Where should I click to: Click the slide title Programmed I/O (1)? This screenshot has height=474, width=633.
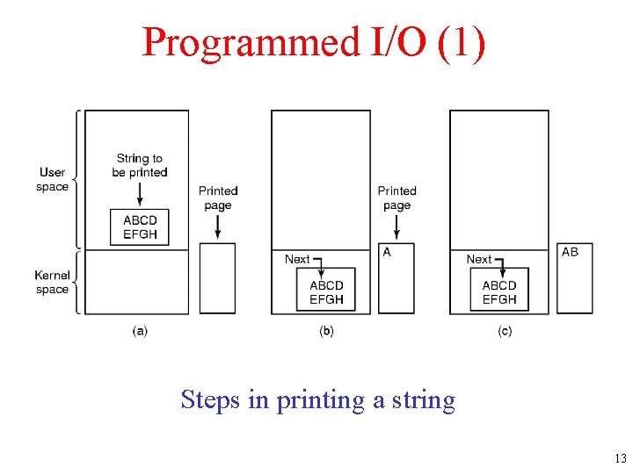313,42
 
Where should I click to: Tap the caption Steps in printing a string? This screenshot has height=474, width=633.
317,400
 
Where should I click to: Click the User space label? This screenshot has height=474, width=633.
53,179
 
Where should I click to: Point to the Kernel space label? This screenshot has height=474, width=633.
52,283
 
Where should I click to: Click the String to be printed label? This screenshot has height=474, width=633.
140,165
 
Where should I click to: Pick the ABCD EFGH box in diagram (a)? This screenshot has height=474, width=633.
140,227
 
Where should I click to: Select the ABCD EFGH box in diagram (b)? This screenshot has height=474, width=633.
326,291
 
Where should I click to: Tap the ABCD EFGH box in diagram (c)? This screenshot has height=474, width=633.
499,291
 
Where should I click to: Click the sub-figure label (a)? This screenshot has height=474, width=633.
140,331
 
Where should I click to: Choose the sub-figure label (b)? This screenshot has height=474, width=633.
326,331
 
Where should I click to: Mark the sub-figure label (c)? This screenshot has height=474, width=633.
505,331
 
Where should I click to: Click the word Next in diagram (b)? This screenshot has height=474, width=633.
297,259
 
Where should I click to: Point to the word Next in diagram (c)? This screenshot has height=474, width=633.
478,259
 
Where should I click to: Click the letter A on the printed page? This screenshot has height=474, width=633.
387,252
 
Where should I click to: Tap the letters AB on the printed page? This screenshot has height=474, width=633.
570,252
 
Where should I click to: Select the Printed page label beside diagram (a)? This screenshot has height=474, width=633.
217,197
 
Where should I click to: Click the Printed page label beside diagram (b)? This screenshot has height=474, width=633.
397,197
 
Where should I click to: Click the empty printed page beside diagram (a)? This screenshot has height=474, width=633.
217,278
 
